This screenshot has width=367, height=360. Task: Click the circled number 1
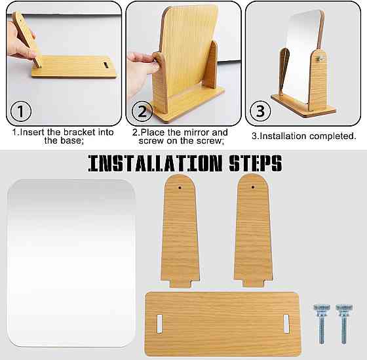[x=21, y=111]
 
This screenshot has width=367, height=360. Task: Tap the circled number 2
[x=142, y=111]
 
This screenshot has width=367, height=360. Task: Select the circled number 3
[x=260, y=111]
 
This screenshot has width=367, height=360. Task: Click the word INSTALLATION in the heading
[x=155, y=163]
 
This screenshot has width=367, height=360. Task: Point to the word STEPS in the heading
[x=256, y=163]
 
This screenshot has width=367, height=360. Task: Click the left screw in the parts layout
[x=322, y=324]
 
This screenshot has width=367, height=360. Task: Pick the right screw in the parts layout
[x=344, y=324]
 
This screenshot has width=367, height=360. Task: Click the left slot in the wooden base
[x=159, y=323]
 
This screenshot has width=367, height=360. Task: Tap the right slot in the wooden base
[x=286, y=323]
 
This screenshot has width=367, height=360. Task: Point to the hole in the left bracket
[x=180, y=188]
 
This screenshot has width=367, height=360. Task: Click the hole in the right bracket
[x=253, y=187]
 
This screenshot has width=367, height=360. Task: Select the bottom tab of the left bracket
[x=180, y=283]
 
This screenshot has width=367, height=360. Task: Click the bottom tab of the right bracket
[x=254, y=283]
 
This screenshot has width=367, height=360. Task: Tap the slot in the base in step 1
[x=106, y=65]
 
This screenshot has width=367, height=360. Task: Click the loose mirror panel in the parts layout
[x=71, y=263]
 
